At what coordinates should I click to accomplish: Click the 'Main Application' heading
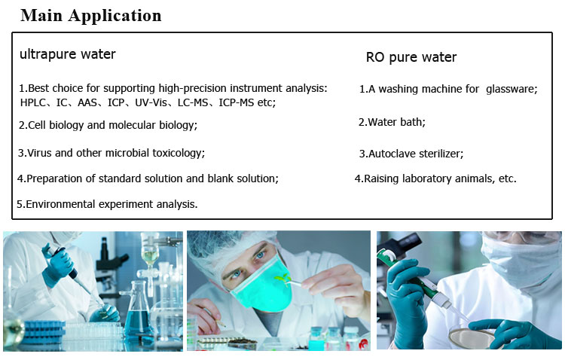[x=91, y=16]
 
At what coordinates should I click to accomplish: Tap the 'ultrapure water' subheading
[x=67, y=54]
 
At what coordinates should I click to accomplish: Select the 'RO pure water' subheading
[x=411, y=57]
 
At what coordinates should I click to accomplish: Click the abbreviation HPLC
[x=33, y=102]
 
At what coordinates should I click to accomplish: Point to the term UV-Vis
[x=151, y=102]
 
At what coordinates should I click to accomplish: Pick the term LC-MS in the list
[x=193, y=102]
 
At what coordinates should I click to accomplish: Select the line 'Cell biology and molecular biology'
[x=108, y=125]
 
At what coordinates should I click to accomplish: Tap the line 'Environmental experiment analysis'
[x=107, y=204]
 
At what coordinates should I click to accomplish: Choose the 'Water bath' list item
[x=392, y=122]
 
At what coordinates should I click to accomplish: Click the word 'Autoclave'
[x=391, y=154]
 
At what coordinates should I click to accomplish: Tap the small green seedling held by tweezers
[x=282, y=278]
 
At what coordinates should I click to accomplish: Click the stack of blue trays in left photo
[x=44, y=331]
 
